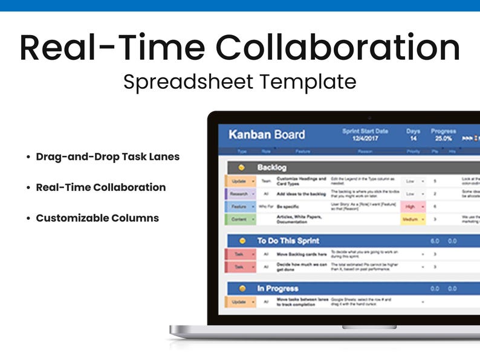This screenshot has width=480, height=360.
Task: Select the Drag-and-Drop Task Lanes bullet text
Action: (108, 157)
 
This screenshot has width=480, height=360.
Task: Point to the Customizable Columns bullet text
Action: (97, 218)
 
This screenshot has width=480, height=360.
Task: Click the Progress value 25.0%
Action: (443, 138)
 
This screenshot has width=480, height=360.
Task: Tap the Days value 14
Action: (414, 138)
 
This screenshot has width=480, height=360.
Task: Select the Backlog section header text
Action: (271, 167)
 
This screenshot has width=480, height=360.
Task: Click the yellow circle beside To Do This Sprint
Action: (242, 240)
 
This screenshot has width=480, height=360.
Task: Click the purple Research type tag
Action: (239, 194)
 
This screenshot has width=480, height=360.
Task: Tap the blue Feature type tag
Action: (239, 207)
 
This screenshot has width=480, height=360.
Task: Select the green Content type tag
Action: (239, 219)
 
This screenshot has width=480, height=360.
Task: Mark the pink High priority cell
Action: (411, 207)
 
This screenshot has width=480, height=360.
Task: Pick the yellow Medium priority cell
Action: (411, 219)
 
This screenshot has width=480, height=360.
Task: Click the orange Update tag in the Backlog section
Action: (239, 181)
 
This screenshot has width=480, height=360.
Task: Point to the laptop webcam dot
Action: (368, 117)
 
